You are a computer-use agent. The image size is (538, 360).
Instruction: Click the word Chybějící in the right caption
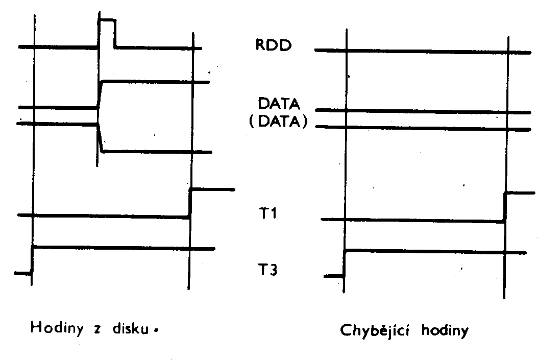click(x=374, y=331)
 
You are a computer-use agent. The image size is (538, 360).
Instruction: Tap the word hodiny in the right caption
click(x=445, y=331)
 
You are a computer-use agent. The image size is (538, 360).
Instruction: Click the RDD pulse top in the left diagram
click(x=107, y=20)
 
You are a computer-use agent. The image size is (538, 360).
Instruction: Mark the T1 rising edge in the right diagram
click(x=505, y=207)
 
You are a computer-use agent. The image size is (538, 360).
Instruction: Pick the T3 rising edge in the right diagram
click(x=345, y=263)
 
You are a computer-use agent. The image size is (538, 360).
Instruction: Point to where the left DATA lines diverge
click(x=98, y=115)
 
